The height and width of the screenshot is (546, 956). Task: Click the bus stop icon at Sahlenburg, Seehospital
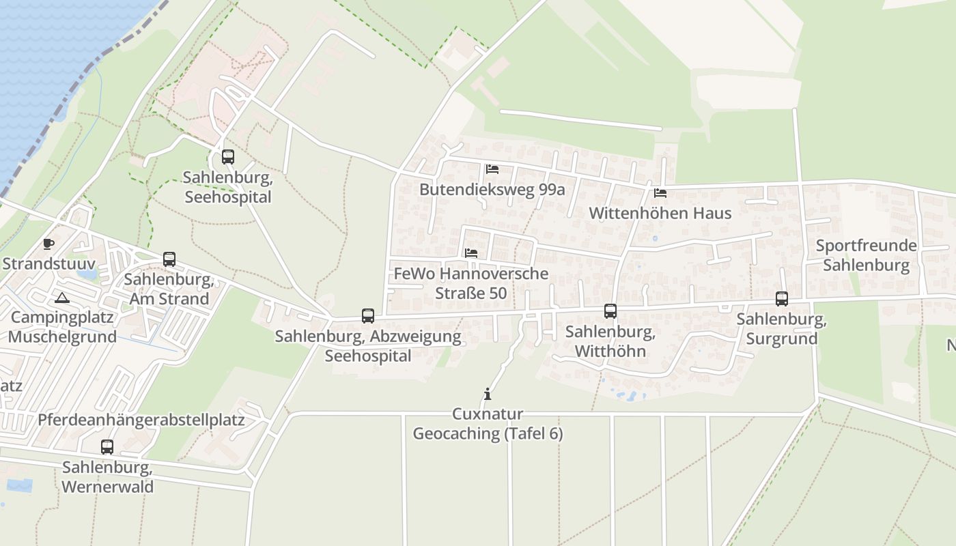click(x=228, y=157)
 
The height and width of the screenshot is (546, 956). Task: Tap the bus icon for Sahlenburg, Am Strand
click(x=169, y=259)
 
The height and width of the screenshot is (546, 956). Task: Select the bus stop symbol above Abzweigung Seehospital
click(x=368, y=316)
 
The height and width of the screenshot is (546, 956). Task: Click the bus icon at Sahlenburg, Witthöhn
click(x=610, y=311)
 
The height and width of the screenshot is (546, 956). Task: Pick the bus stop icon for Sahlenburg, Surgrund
click(x=782, y=298)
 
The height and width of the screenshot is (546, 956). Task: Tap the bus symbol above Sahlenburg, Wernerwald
click(x=107, y=447)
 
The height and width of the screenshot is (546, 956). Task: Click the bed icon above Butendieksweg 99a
click(x=492, y=169)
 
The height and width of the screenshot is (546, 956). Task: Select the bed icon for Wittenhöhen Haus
click(x=660, y=193)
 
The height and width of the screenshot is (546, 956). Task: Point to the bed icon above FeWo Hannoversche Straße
click(x=471, y=253)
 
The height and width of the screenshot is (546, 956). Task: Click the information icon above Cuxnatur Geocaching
click(x=488, y=394)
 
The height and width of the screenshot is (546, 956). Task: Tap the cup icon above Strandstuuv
click(x=48, y=244)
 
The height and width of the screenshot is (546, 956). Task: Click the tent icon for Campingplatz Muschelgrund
click(x=62, y=298)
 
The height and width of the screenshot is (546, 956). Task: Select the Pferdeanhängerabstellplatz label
click(x=141, y=419)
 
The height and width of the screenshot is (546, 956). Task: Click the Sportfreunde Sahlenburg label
click(x=867, y=255)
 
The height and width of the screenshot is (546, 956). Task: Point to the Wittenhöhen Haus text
click(x=660, y=213)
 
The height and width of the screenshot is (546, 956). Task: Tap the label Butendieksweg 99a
click(x=492, y=189)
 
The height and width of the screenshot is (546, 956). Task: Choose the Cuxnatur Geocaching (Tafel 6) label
click(x=488, y=424)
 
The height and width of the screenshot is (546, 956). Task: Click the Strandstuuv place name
click(x=48, y=263)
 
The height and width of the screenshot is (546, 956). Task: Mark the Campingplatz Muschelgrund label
click(x=63, y=327)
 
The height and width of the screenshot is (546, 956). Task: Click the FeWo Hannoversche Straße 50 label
click(x=471, y=283)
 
